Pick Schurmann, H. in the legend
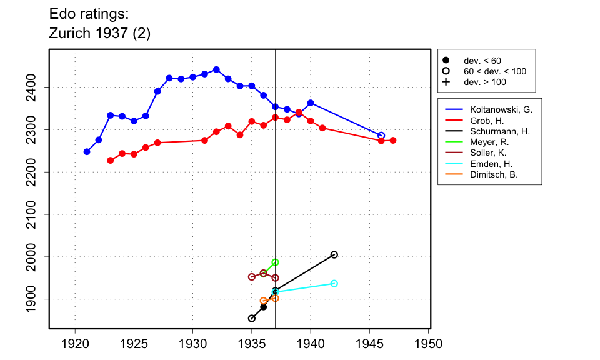click(x=500, y=131)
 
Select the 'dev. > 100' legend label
click(x=485, y=82)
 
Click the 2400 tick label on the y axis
click(x=37, y=87)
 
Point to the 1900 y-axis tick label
click(x=37, y=299)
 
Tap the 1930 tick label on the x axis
click(x=193, y=344)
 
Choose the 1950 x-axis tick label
click(x=429, y=344)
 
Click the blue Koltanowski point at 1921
click(x=87, y=152)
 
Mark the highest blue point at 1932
click(x=216, y=69)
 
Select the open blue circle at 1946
click(x=381, y=136)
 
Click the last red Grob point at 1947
click(x=393, y=141)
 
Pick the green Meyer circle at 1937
click(x=275, y=262)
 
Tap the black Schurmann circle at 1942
click(x=334, y=254)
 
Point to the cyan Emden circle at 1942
click(x=334, y=284)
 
